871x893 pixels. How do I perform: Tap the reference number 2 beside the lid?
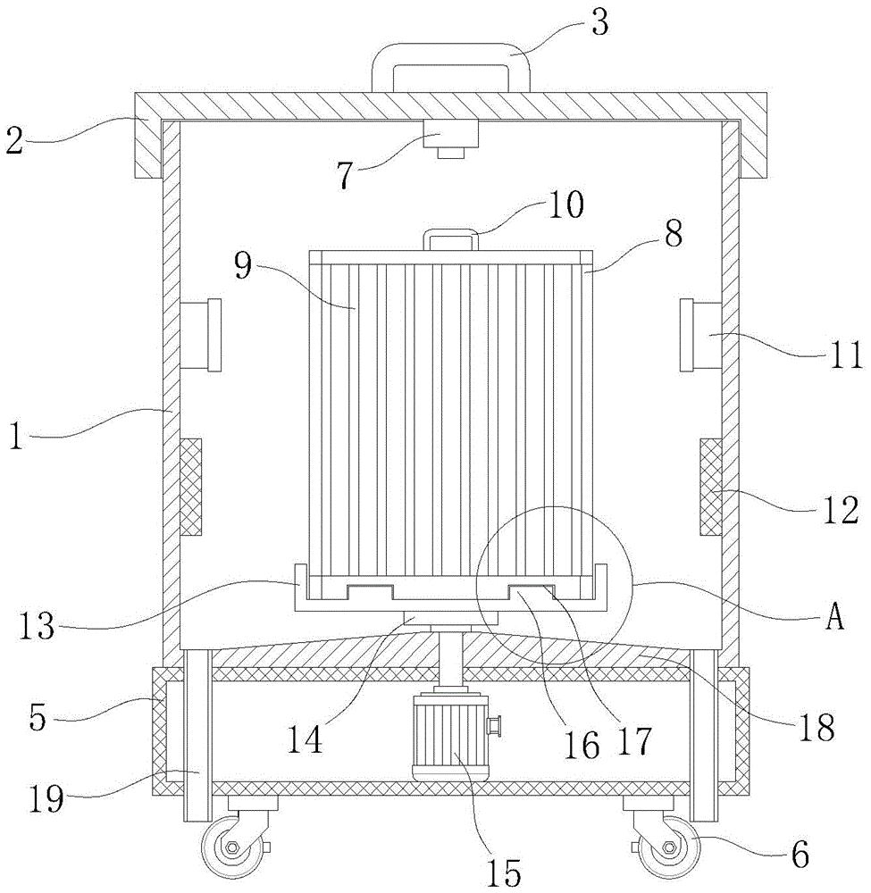(x=14, y=140)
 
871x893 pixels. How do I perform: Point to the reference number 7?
(x=345, y=176)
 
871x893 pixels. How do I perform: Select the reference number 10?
(x=565, y=204)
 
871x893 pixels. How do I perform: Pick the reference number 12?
(x=841, y=510)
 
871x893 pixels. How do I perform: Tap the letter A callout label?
(x=834, y=617)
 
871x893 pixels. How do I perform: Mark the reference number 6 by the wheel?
(x=800, y=855)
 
